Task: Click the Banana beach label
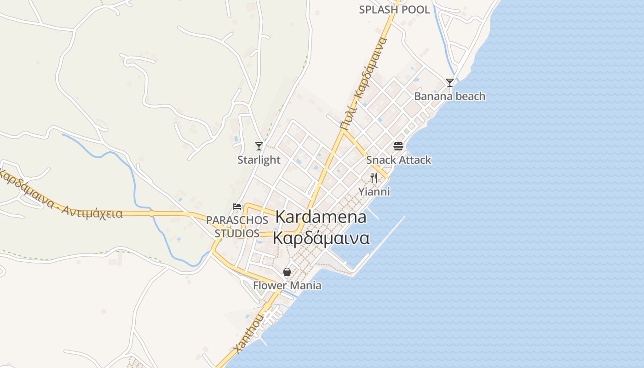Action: (x=449, y=96)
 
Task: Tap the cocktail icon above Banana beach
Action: (x=450, y=83)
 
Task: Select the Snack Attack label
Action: (x=398, y=160)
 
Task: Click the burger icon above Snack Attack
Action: (x=398, y=146)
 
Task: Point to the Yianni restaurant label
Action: (x=374, y=191)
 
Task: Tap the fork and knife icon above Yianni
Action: (x=374, y=178)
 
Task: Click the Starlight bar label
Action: (x=259, y=160)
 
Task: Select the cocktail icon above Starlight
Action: (x=259, y=146)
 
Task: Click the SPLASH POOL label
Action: (x=394, y=10)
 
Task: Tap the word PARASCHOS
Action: (x=237, y=220)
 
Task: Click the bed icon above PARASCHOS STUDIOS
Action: (x=237, y=206)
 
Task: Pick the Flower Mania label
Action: (x=287, y=285)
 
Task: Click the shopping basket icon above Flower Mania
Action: (x=287, y=272)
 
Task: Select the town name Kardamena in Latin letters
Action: (x=321, y=217)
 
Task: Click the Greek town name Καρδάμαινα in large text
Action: (x=321, y=239)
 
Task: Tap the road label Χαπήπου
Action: (x=249, y=333)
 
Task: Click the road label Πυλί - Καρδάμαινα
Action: (x=363, y=83)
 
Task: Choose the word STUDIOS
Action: (x=237, y=233)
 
